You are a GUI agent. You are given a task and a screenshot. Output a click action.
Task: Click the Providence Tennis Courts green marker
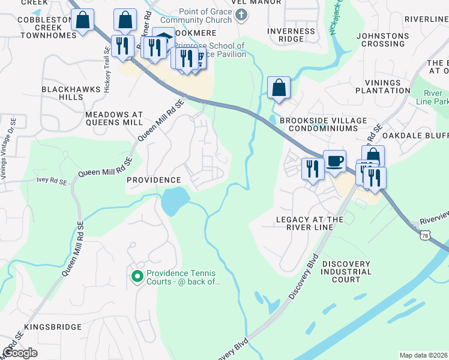137,276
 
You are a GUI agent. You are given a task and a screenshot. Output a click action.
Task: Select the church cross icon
242,15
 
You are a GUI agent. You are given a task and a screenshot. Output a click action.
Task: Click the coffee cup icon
335,161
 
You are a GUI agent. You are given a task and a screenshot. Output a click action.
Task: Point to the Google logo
20,353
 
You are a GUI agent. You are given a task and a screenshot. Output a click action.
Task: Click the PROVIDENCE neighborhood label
154,180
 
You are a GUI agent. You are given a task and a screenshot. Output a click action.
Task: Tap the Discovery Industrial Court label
351,272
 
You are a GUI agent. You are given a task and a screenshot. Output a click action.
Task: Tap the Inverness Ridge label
291,35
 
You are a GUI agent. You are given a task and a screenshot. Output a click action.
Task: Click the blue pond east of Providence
173,201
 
